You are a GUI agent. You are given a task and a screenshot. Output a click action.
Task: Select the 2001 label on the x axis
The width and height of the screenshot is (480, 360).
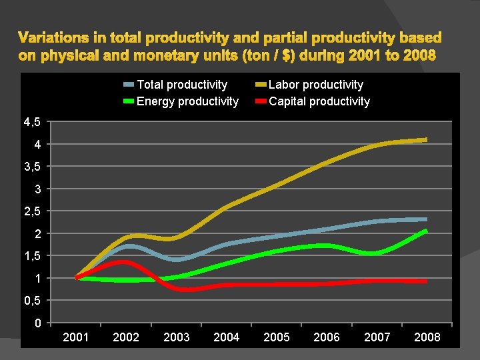(x=76, y=337)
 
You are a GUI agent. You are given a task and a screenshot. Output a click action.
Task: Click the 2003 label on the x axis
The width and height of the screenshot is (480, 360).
(x=177, y=337)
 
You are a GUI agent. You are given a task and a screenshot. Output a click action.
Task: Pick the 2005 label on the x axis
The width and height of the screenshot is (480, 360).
(x=277, y=337)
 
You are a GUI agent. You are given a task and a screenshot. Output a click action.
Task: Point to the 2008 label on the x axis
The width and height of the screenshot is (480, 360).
(x=427, y=337)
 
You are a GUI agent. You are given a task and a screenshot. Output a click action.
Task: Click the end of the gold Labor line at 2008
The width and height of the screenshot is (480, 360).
(x=425, y=140)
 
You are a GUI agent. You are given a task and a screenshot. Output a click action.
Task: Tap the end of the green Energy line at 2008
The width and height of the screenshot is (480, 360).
(x=425, y=231)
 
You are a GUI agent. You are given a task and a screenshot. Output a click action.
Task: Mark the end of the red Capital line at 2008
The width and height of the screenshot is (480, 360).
(x=425, y=281)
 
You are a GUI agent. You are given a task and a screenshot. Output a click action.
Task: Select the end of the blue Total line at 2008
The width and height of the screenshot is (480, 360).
(x=425, y=219)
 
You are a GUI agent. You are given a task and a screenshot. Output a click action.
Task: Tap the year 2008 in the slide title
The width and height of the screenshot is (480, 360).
(x=419, y=56)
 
